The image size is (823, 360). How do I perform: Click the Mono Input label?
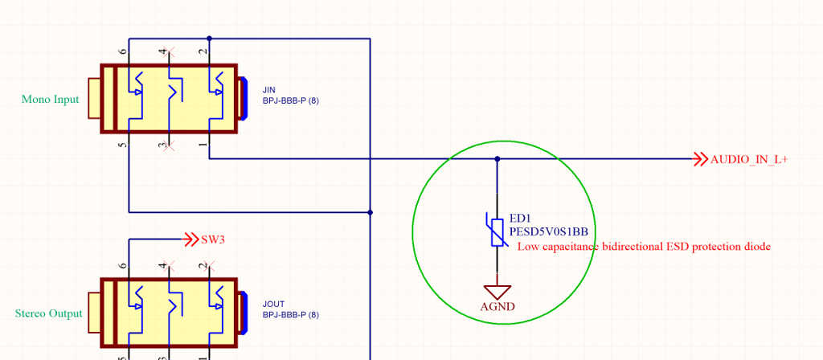50,100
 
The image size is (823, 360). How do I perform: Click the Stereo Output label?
48,313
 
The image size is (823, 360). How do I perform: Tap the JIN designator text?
269,88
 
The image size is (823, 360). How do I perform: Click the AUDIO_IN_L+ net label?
748,159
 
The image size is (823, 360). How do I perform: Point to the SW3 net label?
213,239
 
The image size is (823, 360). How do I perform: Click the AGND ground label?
497,306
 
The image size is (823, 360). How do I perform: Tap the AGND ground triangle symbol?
497,291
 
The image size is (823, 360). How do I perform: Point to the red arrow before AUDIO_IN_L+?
699,159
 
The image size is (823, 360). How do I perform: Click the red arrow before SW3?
191,239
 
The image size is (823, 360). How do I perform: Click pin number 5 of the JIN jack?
123,145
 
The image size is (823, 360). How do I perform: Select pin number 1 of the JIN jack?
202,145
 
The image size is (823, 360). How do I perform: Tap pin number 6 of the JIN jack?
123,51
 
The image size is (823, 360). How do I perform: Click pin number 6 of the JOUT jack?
123,265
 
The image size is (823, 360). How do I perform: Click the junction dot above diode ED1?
497,159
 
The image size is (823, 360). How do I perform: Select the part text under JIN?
291,101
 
